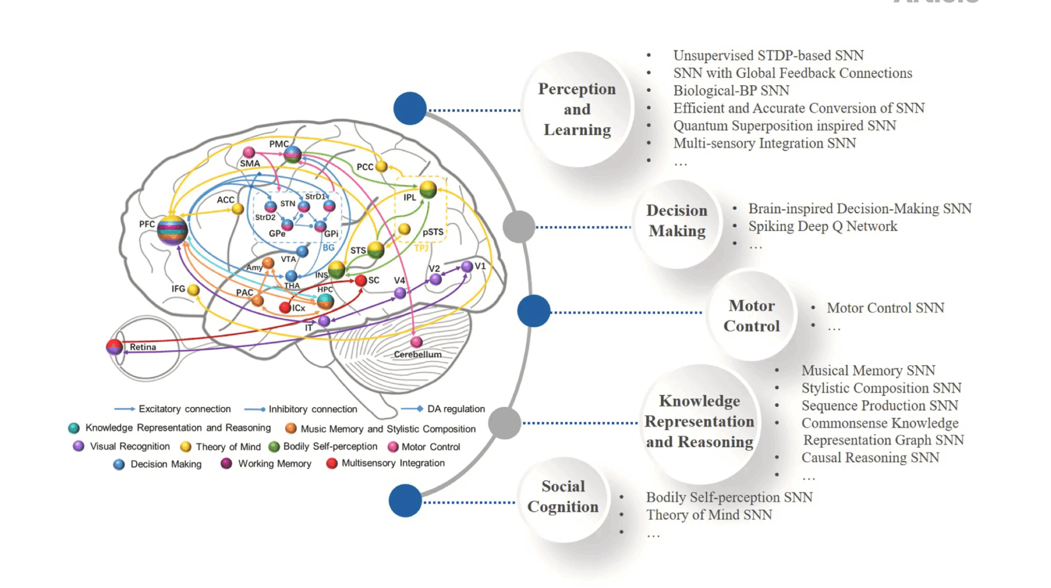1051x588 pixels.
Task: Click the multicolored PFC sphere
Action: (172, 231)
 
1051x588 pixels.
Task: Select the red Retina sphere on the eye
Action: (115, 347)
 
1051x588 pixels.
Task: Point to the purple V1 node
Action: (466, 266)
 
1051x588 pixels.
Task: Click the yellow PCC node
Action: (381, 166)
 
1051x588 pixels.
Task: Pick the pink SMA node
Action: (248, 152)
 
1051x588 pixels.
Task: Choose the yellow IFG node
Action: (193, 290)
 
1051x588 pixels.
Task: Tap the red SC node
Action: (360, 281)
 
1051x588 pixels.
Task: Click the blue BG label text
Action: (328, 248)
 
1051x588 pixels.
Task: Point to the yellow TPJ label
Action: (421, 248)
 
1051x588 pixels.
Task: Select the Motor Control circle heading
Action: (751, 316)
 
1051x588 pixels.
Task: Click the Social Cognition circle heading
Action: (563, 496)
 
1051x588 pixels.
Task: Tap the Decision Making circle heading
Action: (677, 221)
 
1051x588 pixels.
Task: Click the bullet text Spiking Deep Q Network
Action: (822, 226)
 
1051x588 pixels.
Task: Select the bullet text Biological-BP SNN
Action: (731, 91)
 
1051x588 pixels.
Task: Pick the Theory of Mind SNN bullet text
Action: (709, 515)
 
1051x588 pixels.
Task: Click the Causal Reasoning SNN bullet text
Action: (870, 458)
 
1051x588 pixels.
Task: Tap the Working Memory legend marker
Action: (226, 463)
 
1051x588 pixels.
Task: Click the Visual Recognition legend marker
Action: (78, 446)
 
